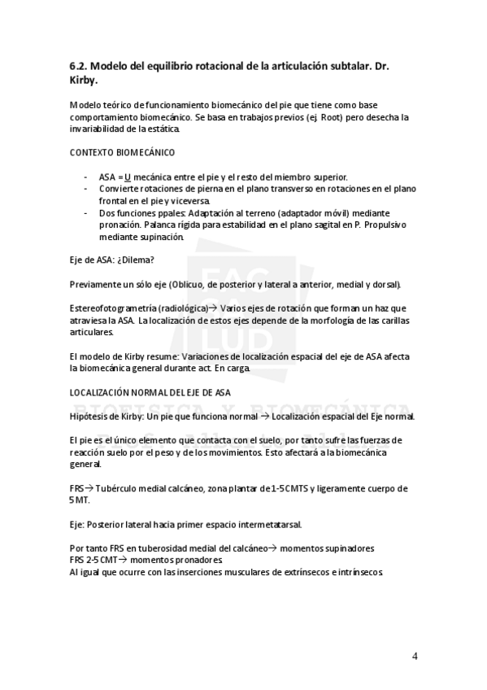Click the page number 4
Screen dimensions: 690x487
tap(415, 656)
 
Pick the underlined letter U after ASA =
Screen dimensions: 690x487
tap(128, 177)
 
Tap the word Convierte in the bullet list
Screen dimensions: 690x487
tap(120, 188)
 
